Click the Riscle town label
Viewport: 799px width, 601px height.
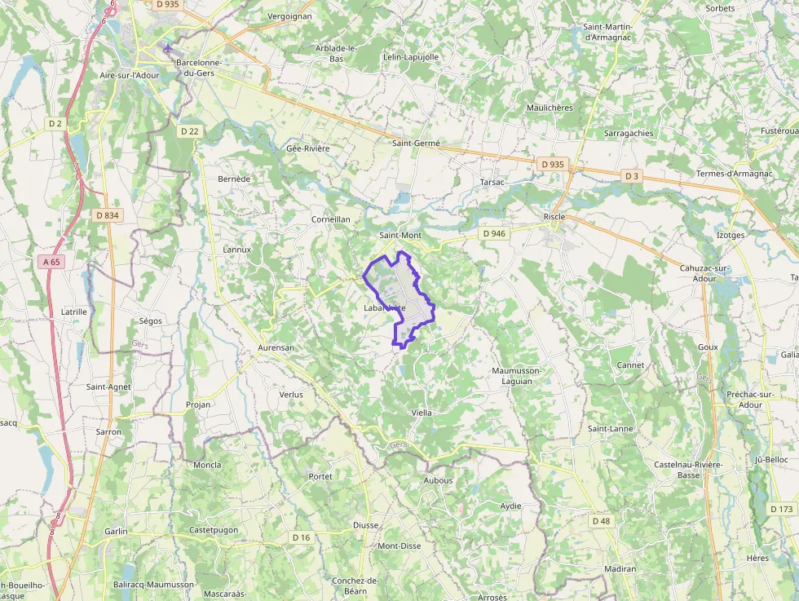(554, 217)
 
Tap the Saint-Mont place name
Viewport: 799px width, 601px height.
(400, 236)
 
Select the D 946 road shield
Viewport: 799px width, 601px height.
(494, 233)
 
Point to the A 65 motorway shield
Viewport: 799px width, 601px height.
(51, 262)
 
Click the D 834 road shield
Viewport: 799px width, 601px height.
(107, 215)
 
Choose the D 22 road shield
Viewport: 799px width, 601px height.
(189, 130)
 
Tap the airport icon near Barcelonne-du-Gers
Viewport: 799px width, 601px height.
(168, 47)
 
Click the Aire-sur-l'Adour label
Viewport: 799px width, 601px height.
(129, 75)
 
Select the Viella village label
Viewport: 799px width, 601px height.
(422, 413)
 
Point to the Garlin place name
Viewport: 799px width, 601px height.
(116, 531)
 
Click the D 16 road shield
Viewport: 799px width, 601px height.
(302, 537)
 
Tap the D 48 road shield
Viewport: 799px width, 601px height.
(601, 520)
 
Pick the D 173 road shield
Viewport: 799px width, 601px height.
(781, 509)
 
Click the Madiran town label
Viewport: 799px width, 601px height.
(620, 568)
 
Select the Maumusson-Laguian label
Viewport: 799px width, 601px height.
(517, 375)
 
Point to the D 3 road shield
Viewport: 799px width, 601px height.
(632, 176)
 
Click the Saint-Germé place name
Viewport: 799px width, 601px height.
(416, 144)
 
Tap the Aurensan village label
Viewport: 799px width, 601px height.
(276, 347)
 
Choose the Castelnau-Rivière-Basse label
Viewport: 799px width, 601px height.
(688, 469)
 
